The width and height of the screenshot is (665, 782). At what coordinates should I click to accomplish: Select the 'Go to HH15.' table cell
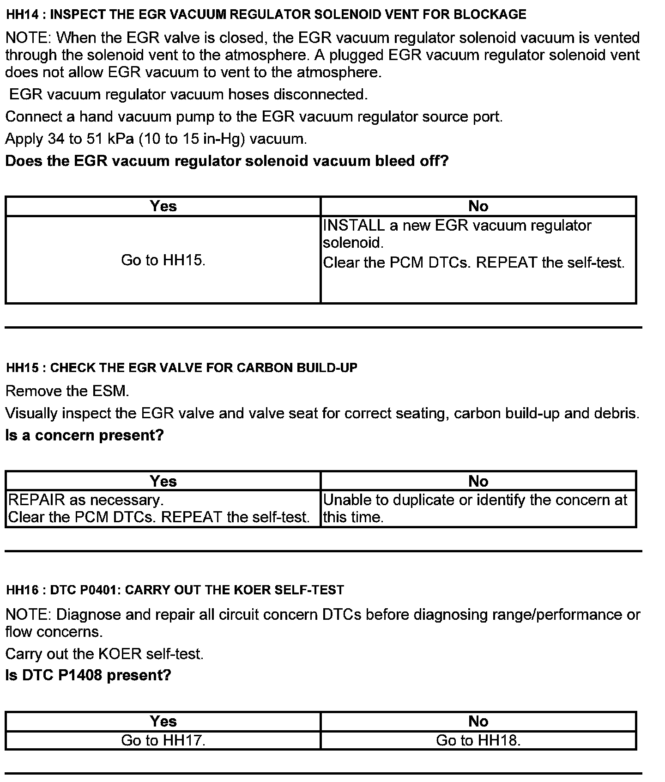(163, 260)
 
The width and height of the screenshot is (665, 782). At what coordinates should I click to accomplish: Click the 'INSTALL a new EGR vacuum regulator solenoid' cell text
(457, 234)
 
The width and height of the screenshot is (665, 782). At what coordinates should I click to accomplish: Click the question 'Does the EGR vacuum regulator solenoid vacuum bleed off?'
(227, 161)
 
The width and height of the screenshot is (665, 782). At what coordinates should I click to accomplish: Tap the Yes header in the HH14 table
(163, 206)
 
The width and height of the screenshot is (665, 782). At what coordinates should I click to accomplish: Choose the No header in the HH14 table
(478, 206)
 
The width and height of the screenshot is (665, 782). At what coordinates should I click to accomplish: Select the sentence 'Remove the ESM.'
(67, 391)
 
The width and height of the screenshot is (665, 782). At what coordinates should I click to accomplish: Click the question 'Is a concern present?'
(85, 435)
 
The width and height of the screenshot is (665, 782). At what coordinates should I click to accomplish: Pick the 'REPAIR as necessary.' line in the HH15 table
(86, 500)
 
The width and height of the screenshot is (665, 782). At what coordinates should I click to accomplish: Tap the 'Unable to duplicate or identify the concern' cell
(475, 508)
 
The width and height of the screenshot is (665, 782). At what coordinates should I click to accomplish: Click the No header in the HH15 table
(478, 482)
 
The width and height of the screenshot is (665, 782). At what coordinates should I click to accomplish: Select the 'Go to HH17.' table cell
(163, 740)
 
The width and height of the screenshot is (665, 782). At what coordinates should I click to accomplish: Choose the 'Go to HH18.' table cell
(478, 740)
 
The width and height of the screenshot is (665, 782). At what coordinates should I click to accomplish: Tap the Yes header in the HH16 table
(163, 721)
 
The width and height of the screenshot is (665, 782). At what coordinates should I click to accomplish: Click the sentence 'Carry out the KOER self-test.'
(104, 654)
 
